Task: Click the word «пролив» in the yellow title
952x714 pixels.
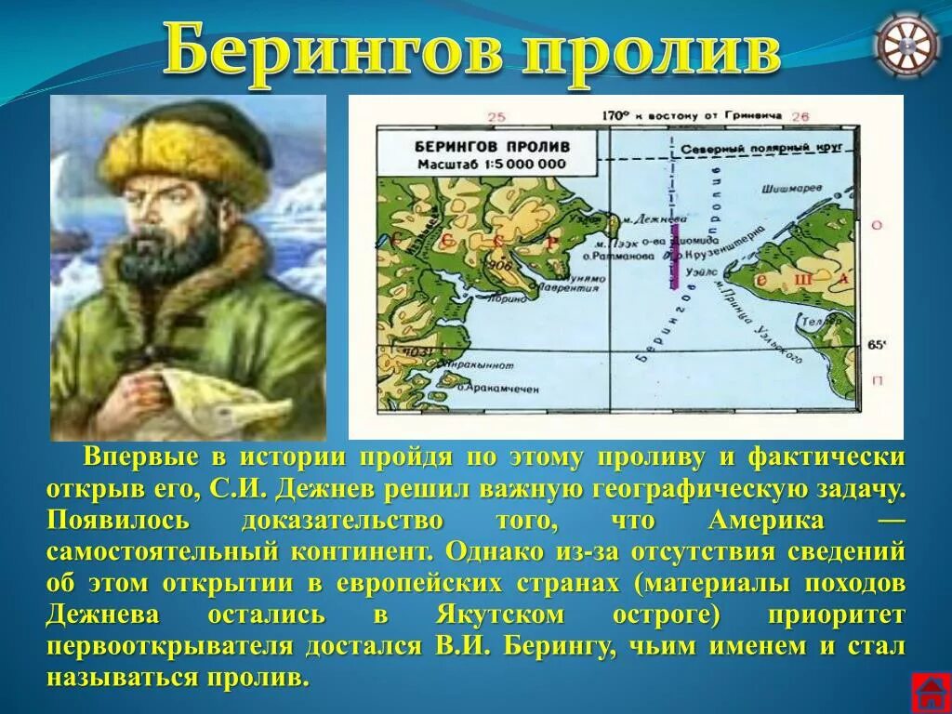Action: tap(651, 52)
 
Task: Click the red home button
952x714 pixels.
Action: tap(929, 693)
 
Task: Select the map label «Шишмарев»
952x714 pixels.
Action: tap(792, 187)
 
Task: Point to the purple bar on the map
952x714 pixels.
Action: tap(674, 256)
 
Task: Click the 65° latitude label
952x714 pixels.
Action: tap(877, 345)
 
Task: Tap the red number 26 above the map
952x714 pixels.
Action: tap(799, 116)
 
